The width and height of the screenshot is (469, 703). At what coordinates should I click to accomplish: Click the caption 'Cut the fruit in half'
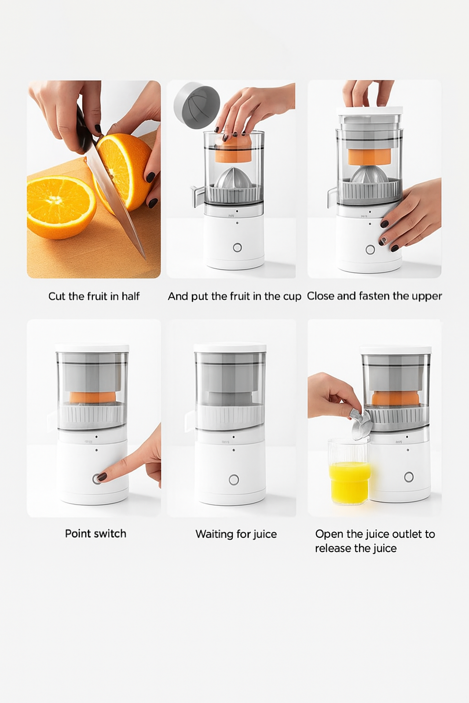94,296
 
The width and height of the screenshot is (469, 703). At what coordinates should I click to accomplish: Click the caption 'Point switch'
96,534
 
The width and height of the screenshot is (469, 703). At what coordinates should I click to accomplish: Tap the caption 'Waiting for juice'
236,534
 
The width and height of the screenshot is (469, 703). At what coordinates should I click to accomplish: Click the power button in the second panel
237,248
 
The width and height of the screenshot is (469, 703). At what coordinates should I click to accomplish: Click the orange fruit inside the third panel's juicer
370,157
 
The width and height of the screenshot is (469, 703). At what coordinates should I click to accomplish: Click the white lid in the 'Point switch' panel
92,348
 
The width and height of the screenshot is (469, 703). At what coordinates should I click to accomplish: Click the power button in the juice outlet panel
409,477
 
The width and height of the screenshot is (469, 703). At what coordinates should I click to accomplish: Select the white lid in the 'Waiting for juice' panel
230,347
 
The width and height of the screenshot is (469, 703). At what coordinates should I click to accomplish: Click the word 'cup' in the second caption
292,297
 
